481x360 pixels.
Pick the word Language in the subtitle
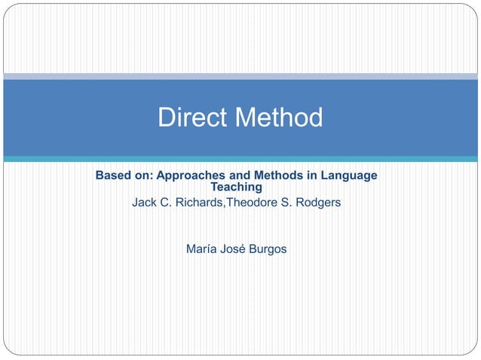tap(348, 175)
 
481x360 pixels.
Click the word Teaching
tap(236, 187)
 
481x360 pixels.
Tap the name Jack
tap(145, 203)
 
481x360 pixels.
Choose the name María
tap(201, 249)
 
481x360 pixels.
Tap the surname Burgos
tap(268, 249)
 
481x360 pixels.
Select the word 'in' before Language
tap(311, 175)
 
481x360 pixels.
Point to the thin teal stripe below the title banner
tap(240, 159)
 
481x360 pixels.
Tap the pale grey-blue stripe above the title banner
tap(240, 76)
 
